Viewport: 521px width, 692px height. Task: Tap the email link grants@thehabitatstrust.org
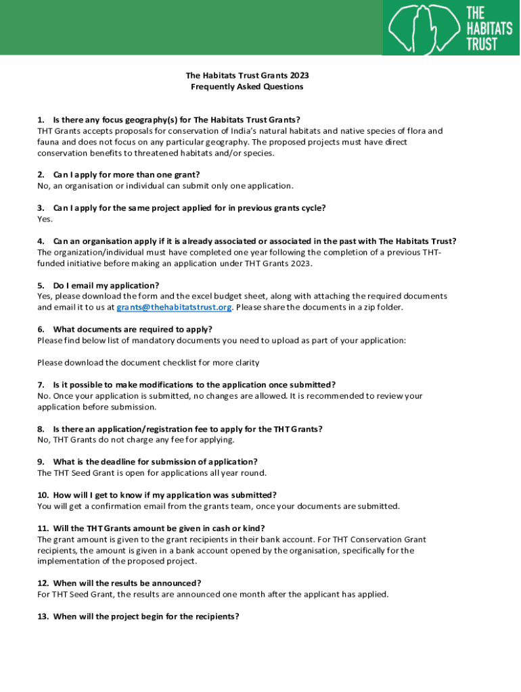[x=175, y=307]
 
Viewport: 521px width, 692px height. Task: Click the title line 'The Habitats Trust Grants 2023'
[x=247, y=76]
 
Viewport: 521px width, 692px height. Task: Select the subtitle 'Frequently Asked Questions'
[x=247, y=87]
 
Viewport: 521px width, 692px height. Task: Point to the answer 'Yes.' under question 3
[x=45, y=219]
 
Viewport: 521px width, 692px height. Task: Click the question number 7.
[x=41, y=385]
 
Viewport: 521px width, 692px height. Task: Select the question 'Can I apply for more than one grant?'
[x=127, y=175]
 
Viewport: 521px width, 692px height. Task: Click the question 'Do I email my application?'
[x=106, y=286]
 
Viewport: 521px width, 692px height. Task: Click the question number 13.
[x=43, y=617]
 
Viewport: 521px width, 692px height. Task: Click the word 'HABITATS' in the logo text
[x=488, y=28]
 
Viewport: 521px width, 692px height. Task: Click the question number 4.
[x=41, y=241]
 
